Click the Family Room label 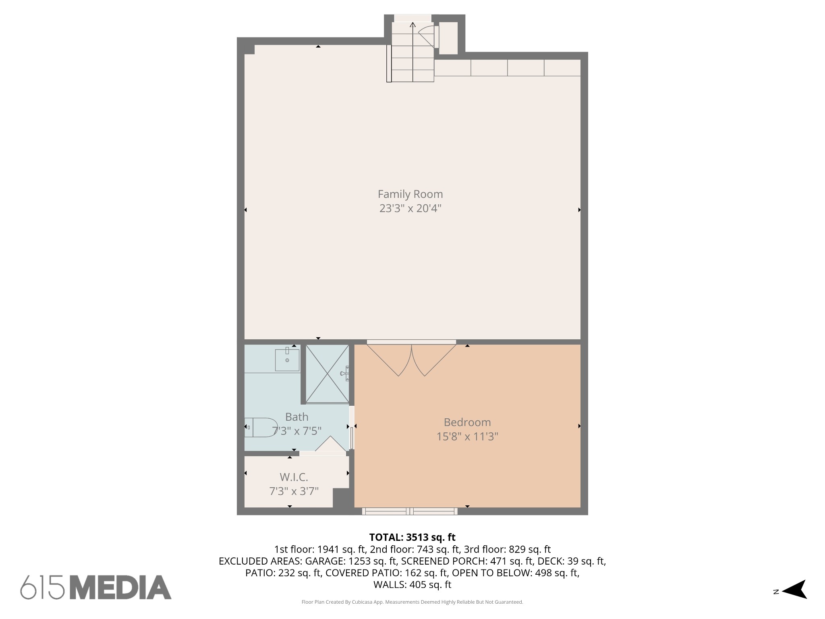coord(410,194)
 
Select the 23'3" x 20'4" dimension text coord(410,208)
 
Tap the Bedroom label coord(467,422)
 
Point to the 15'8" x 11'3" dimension coord(467,436)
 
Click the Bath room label coord(296,417)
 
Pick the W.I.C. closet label coord(294,477)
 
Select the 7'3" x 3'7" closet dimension coord(294,491)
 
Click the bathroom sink coord(287,359)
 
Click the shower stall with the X coord(327,374)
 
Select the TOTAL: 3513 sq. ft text coord(412,537)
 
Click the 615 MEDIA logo coord(96,587)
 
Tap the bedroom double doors coord(411,359)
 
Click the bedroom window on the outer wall coord(410,511)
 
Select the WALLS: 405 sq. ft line coord(412,584)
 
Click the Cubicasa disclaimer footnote coord(412,602)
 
